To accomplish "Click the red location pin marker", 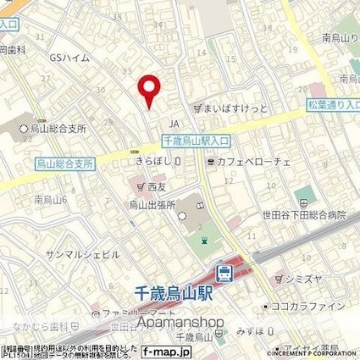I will click(149, 89).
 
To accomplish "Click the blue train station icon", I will click(225, 273).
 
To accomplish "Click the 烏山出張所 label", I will click(151, 204).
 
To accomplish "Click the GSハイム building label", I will click(69, 58).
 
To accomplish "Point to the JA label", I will click(175, 122).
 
